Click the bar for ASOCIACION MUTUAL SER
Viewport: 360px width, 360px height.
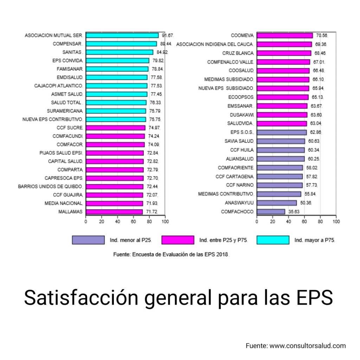tap(122, 36)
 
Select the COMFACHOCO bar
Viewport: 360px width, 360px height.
tap(271, 212)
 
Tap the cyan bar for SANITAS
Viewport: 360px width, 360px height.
tap(120, 52)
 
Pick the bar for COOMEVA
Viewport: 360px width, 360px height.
tap(284, 36)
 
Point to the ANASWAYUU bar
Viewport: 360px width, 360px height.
tap(277, 203)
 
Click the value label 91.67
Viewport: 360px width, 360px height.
tap(168, 36)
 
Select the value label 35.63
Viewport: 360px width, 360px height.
tap(294, 212)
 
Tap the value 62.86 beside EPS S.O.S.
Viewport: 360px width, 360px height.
tap(315, 132)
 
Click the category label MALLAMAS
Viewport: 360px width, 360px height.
tap(71, 212)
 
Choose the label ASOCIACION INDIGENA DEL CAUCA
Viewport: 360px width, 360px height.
tap(214, 44)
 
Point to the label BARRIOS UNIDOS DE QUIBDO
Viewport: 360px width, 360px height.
tap(50, 186)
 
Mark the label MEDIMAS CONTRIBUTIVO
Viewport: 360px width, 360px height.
tap(226, 194)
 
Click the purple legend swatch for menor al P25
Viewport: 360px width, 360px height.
tap(88, 240)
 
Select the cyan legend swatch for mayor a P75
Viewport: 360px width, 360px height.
tap(273, 240)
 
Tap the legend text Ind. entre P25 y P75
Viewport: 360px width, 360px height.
tap(223, 240)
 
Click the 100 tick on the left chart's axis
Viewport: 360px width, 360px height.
tap(165, 222)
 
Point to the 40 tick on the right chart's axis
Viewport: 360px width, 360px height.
tap(288, 222)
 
